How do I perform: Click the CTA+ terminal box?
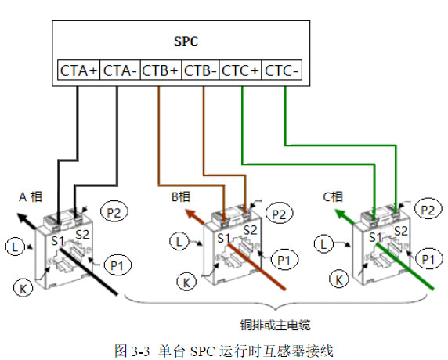[78, 70]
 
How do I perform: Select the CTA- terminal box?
[120, 70]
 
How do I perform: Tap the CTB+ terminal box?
[161, 70]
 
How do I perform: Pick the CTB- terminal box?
[201, 70]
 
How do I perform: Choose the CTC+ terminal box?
[240, 70]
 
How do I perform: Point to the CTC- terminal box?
[282, 70]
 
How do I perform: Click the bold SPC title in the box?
[186, 41]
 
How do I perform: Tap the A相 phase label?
[31, 197]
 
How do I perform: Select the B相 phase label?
[181, 196]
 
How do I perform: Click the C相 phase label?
[333, 196]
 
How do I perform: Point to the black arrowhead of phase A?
[22, 218]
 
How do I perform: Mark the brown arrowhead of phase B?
[191, 214]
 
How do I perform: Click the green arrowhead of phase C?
[341, 214]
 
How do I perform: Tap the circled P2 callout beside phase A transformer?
[114, 212]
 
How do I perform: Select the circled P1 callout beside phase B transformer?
[284, 260]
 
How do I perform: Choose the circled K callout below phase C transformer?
[339, 280]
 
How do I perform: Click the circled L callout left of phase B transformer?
[179, 242]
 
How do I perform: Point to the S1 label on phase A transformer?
[58, 241]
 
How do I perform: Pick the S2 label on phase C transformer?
[401, 231]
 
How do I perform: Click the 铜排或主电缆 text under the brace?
[275, 326]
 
